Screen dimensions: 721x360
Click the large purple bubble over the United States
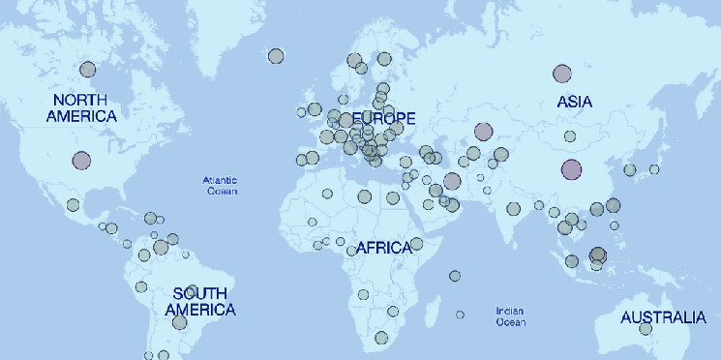(x=81, y=161)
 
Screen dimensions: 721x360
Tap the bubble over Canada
(x=88, y=70)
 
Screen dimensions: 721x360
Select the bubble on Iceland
(x=276, y=56)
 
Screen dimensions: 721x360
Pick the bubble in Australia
(x=646, y=328)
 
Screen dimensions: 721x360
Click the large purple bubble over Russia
(x=561, y=73)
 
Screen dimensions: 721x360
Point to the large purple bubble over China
(x=571, y=170)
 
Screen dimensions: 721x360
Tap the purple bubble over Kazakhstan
(x=483, y=132)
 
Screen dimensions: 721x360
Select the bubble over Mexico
(x=73, y=204)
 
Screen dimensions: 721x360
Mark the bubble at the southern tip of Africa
(x=381, y=338)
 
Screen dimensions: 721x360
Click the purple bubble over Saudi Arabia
(x=451, y=181)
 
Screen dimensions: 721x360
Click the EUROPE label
(x=384, y=119)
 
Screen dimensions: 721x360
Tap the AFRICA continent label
(x=383, y=248)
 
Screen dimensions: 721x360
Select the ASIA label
(x=575, y=101)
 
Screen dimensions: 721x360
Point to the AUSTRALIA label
(x=663, y=317)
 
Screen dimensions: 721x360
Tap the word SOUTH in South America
(x=200, y=293)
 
